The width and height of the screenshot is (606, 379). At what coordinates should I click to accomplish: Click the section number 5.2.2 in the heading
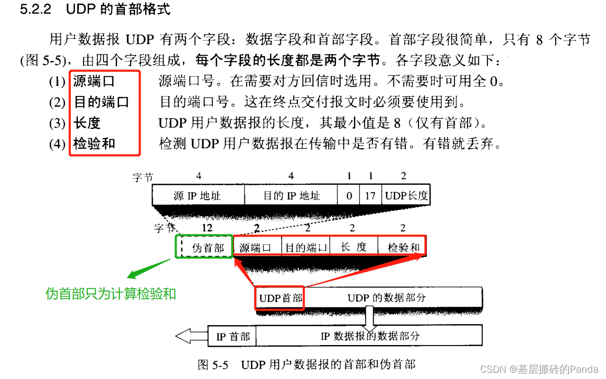tap(36, 9)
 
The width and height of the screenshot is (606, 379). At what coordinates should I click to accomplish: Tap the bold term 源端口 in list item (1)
tap(94, 81)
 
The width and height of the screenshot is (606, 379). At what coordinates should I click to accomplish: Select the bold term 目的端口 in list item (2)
tap(101, 102)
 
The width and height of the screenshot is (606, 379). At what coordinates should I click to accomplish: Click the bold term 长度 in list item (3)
tap(87, 123)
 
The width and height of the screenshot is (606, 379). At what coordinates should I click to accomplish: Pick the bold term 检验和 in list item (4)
tap(95, 144)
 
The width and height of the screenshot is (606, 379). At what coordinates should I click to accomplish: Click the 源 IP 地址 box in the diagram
tap(199, 195)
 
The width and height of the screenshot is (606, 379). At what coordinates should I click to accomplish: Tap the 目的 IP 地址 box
tap(291, 195)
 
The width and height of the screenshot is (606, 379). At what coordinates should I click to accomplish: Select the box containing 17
tap(370, 195)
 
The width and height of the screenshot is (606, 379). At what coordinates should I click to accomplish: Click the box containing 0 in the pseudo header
tap(348, 195)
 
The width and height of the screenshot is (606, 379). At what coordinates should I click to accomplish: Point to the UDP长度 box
tap(406, 195)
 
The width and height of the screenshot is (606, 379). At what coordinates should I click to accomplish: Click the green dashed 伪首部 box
tap(204, 246)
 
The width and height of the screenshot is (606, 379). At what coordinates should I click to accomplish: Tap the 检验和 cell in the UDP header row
tap(402, 246)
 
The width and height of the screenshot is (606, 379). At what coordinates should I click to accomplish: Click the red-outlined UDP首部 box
tap(279, 298)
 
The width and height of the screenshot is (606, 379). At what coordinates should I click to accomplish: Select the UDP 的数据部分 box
tap(393, 297)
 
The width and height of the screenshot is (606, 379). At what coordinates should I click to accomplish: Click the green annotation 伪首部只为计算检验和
tap(111, 293)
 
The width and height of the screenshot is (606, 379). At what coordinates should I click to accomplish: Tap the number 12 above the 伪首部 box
tap(207, 228)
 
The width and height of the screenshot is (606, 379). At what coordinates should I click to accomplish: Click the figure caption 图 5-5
tap(213, 364)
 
